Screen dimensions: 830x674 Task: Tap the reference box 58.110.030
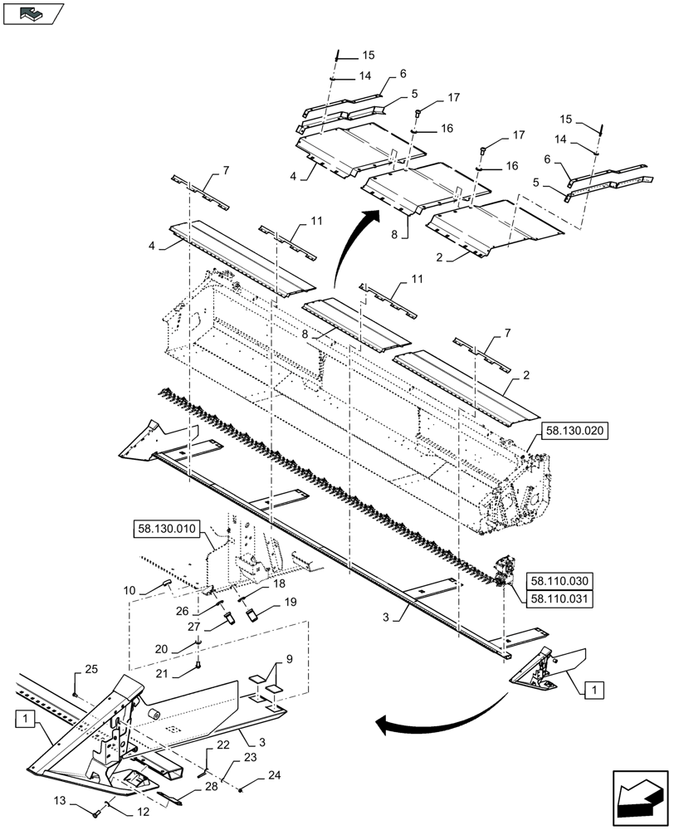click(559, 582)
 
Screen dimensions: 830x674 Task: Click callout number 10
click(129, 590)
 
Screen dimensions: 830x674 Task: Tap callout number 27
click(193, 627)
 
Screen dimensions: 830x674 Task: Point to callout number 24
click(274, 775)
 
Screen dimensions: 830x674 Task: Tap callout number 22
click(212, 745)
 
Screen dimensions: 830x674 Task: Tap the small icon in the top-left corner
click(33, 13)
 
